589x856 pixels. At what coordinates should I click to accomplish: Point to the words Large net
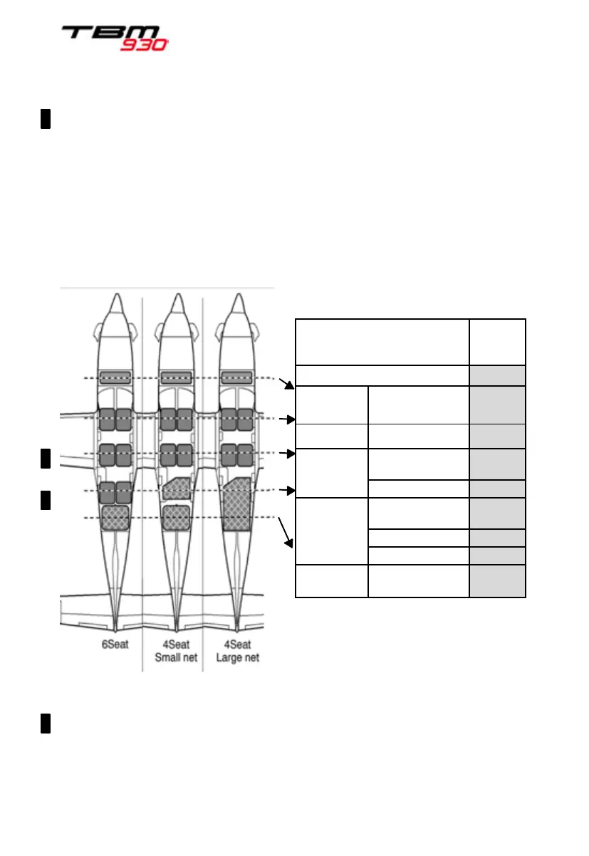[237, 658]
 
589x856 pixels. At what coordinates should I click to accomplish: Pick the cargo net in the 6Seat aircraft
[115, 517]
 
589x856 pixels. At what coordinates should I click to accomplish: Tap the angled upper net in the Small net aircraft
[174, 489]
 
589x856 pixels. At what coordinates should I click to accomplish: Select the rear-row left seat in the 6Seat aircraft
[107, 492]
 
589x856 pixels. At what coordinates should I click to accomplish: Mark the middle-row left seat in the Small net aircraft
[167, 454]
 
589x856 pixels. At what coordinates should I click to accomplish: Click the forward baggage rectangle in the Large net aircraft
[236, 377]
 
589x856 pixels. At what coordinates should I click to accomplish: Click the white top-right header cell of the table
[497, 342]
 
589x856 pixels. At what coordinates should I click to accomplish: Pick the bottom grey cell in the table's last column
[497, 581]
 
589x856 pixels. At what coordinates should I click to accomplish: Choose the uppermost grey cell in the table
[497, 375]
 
